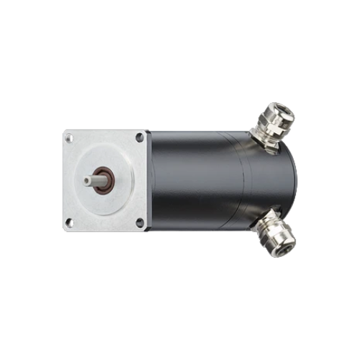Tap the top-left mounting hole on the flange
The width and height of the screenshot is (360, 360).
click(70, 137)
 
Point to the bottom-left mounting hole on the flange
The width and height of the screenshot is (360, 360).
click(70, 222)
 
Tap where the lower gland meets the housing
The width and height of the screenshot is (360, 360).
click(257, 220)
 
